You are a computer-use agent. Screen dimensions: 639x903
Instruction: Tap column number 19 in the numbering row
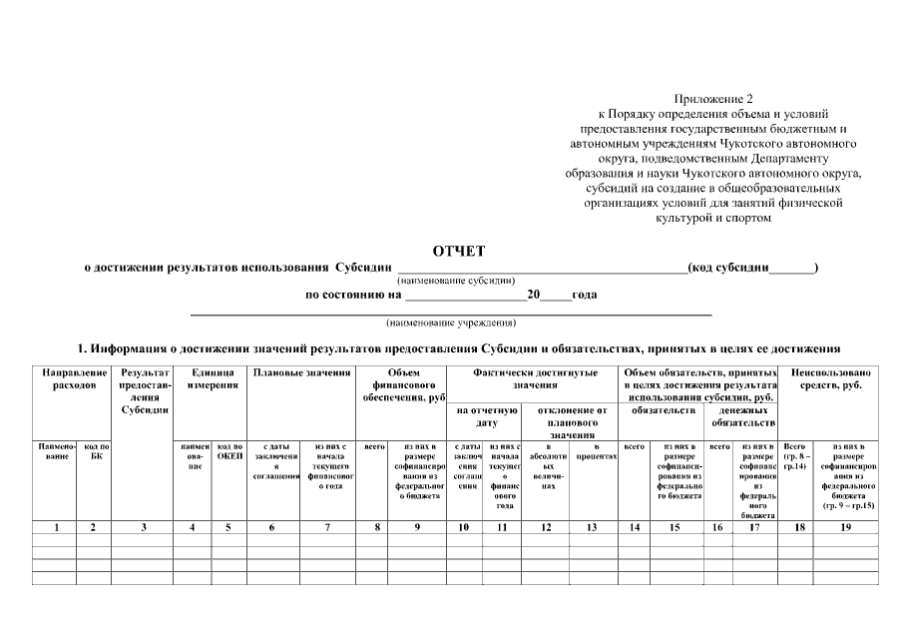[x=845, y=526]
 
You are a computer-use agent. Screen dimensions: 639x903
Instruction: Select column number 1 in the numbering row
[x=57, y=526]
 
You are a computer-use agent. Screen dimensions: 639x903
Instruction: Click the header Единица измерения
[x=211, y=378]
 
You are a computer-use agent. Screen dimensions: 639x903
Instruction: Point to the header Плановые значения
[x=302, y=372]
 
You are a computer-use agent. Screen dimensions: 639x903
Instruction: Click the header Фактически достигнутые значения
[x=535, y=378]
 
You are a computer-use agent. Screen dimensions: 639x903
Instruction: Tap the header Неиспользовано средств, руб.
[x=831, y=378]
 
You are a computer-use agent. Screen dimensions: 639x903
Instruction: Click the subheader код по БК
[x=96, y=450]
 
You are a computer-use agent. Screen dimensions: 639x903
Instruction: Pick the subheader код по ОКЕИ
[x=229, y=450]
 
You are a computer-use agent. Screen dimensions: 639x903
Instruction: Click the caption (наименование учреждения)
[x=451, y=323]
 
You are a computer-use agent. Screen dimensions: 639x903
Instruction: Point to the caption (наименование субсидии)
[x=455, y=282]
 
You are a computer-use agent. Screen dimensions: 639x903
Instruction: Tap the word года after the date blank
[x=585, y=296]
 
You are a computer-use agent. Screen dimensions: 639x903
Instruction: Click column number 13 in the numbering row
[x=595, y=526]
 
